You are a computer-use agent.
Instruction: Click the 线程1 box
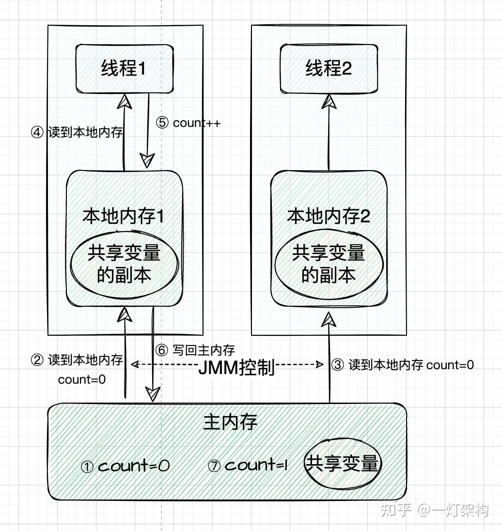(x=125, y=69)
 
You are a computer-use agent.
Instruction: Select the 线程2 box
(x=329, y=69)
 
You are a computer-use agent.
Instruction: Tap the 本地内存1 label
(x=123, y=216)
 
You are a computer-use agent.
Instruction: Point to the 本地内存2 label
(x=329, y=216)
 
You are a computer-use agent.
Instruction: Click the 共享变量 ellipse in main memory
(x=343, y=464)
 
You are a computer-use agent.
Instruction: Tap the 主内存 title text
(x=230, y=422)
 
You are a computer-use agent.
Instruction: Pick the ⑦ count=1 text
(x=248, y=465)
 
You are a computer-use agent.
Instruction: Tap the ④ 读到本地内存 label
(x=77, y=132)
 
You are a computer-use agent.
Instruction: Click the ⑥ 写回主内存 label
(x=195, y=350)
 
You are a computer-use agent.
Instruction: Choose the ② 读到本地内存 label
(x=77, y=359)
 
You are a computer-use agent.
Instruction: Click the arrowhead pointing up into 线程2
(x=329, y=102)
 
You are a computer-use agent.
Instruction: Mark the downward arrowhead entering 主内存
(x=153, y=394)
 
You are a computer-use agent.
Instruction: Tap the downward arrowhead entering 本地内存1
(x=147, y=160)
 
